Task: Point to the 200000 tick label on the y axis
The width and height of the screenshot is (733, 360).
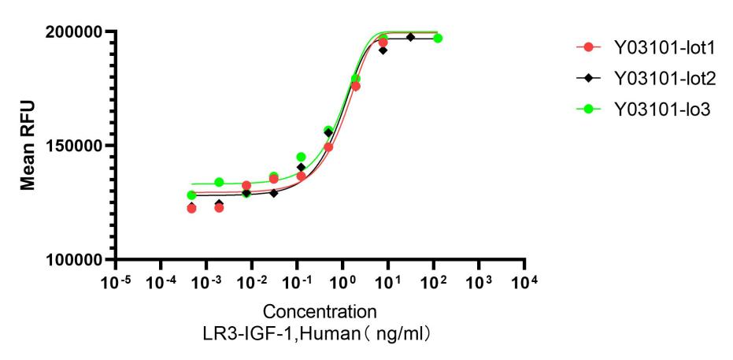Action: tap(76, 32)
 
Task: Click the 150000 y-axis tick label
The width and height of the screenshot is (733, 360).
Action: tap(76, 146)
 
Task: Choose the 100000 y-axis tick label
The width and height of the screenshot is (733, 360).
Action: tap(76, 260)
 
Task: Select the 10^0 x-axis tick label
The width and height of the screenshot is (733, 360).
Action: tap(344, 282)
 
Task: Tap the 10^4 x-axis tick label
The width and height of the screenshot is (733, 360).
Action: tap(526, 282)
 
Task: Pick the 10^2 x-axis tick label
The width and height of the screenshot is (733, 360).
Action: tap(435, 282)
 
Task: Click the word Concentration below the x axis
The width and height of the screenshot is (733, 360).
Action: tap(314, 310)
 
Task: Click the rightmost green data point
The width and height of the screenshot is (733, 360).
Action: tap(438, 39)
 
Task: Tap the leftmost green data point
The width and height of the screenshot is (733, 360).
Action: tap(191, 195)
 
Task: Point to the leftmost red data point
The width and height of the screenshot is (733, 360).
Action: tap(191, 209)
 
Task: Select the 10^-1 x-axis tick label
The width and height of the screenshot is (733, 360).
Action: tap(298, 282)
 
